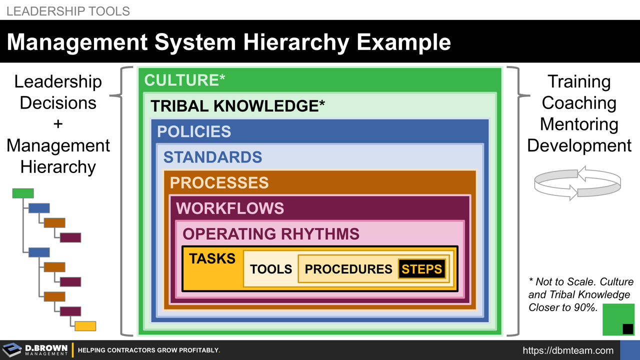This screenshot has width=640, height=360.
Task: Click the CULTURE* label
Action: (x=184, y=80)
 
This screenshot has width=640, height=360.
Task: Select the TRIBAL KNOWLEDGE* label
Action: (x=237, y=106)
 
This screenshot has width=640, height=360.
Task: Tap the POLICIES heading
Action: (x=194, y=131)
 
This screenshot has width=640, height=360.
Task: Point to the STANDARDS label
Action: (x=212, y=157)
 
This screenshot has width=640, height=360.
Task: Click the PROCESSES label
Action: (x=219, y=182)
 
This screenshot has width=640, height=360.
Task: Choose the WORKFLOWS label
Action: (x=229, y=208)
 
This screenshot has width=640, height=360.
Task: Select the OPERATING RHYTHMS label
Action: (x=270, y=233)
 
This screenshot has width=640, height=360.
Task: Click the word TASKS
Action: (x=212, y=258)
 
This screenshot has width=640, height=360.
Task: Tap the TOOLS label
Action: (x=270, y=269)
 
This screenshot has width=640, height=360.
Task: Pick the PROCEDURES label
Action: (x=348, y=269)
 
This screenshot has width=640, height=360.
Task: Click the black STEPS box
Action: (x=421, y=269)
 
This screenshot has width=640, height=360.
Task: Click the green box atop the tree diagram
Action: (x=23, y=193)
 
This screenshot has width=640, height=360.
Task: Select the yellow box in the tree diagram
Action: (x=85, y=326)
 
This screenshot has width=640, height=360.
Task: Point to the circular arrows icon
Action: (x=577, y=183)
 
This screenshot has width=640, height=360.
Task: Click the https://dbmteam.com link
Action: (x=568, y=350)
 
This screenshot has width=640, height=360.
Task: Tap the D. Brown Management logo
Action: (x=35, y=350)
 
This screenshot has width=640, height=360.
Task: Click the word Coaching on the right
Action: (x=579, y=103)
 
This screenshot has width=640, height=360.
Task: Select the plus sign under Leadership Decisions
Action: (x=58, y=124)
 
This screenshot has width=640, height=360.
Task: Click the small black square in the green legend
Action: (x=627, y=328)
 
